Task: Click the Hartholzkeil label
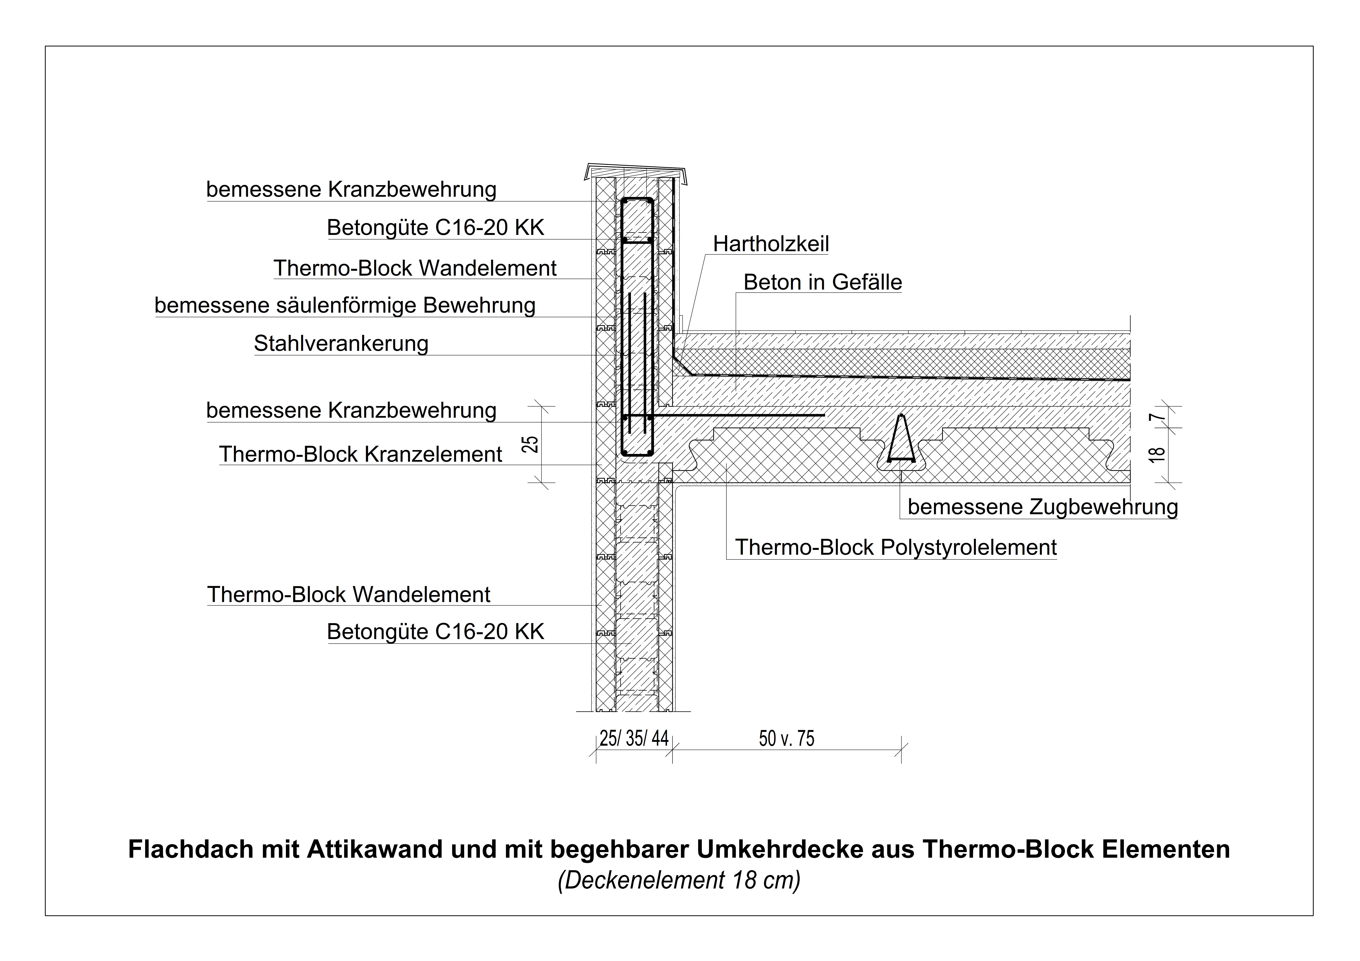pyautogui.click(x=771, y=243)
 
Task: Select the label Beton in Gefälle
pyautogui.click(x=823, y=282)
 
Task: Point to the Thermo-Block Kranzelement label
pyautogui.click(x=360, y=455)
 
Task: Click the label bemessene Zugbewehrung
pyautogui.click(x=1043, y=507)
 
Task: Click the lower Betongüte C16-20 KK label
pyautogui.click(x=435, y=631)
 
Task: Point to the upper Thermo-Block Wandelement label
pyautogui.click(x=415, y=268)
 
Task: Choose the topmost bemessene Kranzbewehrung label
pyautogui.click(x=351, y=190)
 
